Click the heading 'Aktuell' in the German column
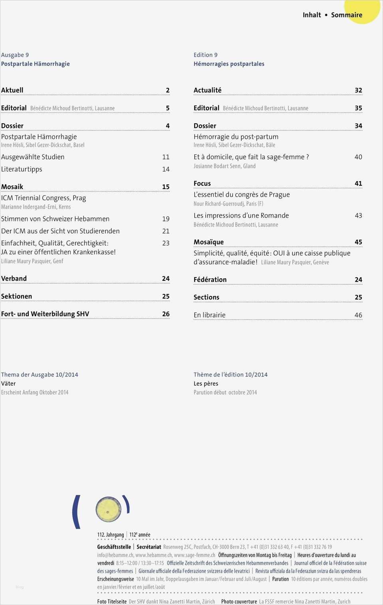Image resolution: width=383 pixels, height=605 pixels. click(12, 90)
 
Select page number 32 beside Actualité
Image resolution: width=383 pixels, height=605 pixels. click(358, 90)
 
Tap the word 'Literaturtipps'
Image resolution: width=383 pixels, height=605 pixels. click(22, 169)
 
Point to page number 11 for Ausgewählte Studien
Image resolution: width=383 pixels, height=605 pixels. click(166, 157)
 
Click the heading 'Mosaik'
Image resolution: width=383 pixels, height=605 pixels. click(12, 187)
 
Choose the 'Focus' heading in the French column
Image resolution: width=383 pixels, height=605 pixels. click(202, 183)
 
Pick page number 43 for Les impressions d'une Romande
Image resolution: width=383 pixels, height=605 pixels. click(358, 215)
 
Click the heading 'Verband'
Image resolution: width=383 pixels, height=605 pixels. click(14, 278)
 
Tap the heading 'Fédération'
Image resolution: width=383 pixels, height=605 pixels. click(210, 280)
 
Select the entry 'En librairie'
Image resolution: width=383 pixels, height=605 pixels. click(209, 315)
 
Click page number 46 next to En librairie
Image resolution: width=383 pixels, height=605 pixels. click(358, 315)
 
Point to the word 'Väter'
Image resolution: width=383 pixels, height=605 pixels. click(8, 384)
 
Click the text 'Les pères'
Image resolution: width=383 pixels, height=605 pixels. click(206, 384)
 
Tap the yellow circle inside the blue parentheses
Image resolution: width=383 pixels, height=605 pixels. click(108, 509)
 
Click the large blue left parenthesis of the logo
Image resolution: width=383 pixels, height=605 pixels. click(76, 512)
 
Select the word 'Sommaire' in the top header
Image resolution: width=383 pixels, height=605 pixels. click(347, 15)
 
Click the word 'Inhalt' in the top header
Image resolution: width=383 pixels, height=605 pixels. click(312, 15)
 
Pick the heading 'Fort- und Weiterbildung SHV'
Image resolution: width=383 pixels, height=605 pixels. click(45, 314)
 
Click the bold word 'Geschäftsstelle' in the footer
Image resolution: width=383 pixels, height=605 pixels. click(114, 547)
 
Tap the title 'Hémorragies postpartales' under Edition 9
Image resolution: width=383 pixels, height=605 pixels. click(229, 64)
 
